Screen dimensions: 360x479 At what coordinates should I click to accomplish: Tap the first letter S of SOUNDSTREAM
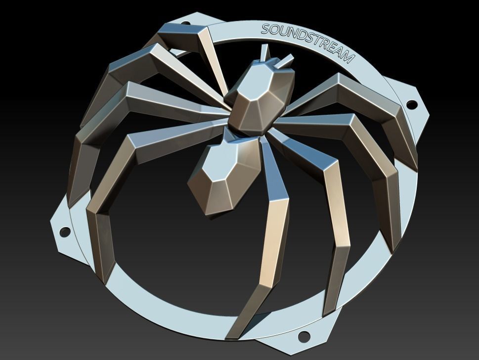point(265,30)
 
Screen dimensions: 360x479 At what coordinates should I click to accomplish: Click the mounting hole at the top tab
point(186,23)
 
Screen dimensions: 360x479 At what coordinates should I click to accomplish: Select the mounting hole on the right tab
point(410,105)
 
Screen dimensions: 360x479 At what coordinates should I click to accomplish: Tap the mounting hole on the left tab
point(65,231)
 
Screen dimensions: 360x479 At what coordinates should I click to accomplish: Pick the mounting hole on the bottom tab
point(304,337)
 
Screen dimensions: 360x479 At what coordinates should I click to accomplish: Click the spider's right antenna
point(286,61)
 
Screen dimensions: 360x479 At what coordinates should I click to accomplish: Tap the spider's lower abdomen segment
point(222,176)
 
